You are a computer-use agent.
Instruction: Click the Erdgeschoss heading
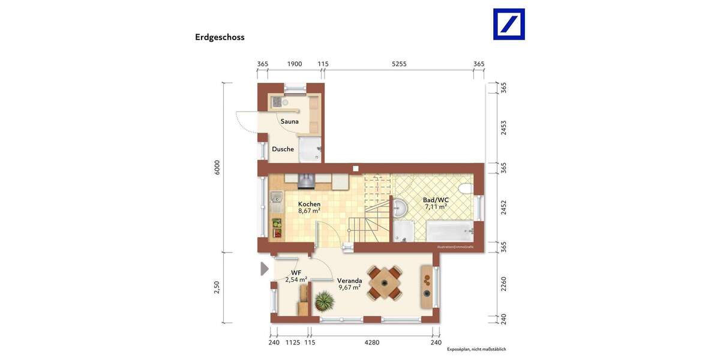220,37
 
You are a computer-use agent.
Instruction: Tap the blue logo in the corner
509,24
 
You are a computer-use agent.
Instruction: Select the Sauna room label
289,121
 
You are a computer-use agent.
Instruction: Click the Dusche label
283,149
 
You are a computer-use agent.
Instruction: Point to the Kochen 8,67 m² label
309,208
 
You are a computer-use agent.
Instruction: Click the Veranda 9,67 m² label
349,284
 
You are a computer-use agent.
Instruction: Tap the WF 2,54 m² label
296,276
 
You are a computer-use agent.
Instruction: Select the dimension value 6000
218,167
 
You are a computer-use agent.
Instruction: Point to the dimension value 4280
370,343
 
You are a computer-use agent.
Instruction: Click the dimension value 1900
294,64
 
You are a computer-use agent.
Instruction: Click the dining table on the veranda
385,282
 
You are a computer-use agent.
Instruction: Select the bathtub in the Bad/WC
449,230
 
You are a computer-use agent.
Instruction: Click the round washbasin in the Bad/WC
400,208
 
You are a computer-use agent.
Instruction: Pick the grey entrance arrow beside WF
265,268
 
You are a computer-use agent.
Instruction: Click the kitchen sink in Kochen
276,197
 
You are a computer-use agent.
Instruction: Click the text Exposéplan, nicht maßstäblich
476,349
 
